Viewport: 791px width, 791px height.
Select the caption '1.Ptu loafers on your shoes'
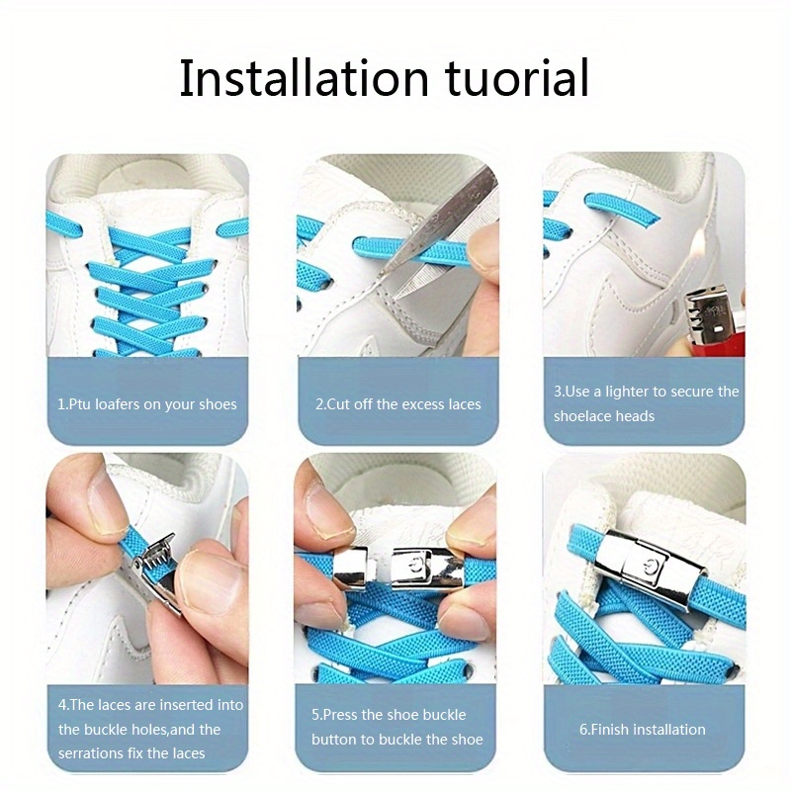[x=146, y=403]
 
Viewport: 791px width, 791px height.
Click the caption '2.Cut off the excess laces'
[x=397, y=403]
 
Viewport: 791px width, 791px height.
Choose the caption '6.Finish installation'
[x=642, y=729]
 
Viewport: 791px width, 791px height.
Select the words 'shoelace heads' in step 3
[x=604, y=416]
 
